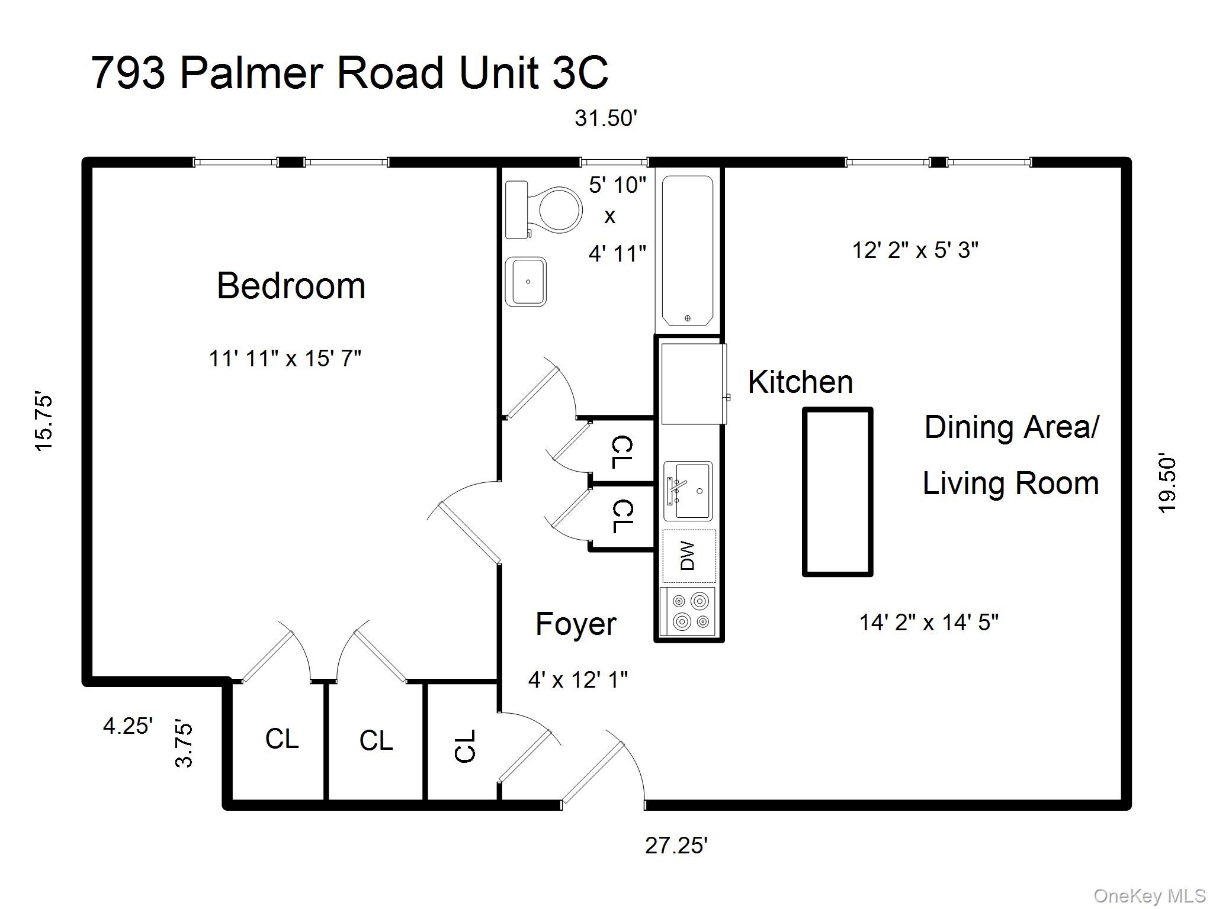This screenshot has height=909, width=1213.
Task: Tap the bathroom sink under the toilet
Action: click(x=526, y=282)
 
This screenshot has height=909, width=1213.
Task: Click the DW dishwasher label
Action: click(x=688, y=556)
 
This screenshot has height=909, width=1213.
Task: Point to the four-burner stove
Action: click(x=688, y=611)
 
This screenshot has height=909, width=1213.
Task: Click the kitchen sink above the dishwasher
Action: click(x=688, y=491)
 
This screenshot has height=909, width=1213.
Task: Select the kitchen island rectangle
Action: click(x=837, y=491)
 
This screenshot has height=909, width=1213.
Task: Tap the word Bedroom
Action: click(x=291, y=286)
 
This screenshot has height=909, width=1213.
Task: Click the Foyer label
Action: click(x=576, y=624)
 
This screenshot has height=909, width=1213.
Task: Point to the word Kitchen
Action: click(x=800, y=382)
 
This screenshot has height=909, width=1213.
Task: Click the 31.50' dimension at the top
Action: click(x=605, y=118)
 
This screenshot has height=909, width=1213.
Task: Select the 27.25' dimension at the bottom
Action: click(x=676, y=846)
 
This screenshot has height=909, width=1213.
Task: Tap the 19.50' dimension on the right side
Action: click(x=1167, y=483)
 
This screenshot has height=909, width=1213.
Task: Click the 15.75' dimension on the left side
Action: click(x=44, y=421)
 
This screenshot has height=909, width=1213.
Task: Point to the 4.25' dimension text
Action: click(x=128, y=726)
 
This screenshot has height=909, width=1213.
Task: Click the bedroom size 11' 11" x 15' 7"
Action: click(x=285, y=359)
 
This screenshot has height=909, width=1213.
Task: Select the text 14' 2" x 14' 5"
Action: click(x=929, y=623)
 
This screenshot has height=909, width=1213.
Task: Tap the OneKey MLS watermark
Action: click(x=1149, y=896)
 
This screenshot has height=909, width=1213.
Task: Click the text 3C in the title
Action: click(x=580, y=73)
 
